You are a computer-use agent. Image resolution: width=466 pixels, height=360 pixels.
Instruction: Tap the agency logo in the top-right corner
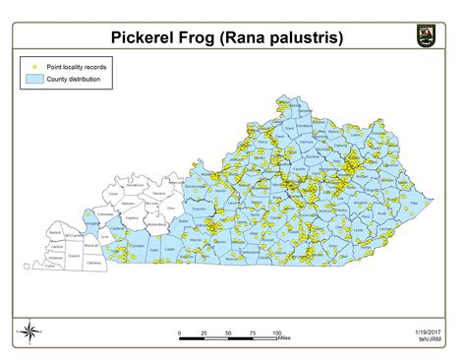[424, 36]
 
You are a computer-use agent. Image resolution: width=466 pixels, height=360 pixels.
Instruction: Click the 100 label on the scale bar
[277, 333]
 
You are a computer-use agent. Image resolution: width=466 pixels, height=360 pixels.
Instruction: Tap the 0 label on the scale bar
[180, 333]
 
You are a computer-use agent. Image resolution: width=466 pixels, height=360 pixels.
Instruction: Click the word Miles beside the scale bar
[284, 339]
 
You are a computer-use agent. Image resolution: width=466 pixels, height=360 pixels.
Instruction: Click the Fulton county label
[47, 267]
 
